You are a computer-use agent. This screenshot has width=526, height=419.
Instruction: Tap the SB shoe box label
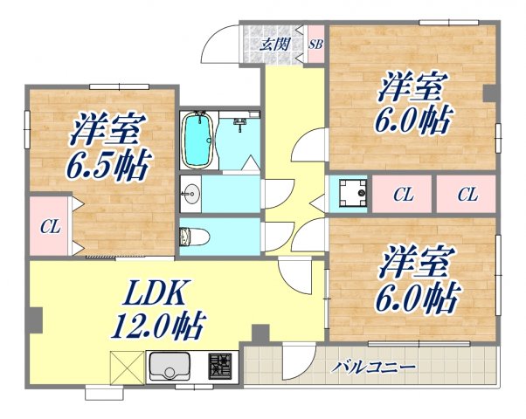(x=315, y=45)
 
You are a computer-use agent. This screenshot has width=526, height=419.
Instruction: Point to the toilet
(x=190, y=237)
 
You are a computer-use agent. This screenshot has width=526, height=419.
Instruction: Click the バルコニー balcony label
(x=372, y=367)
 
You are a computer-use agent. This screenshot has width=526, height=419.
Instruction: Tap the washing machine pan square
(x=349, y=194)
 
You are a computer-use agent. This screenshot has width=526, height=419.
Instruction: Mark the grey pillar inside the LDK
(x=259, y=333)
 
